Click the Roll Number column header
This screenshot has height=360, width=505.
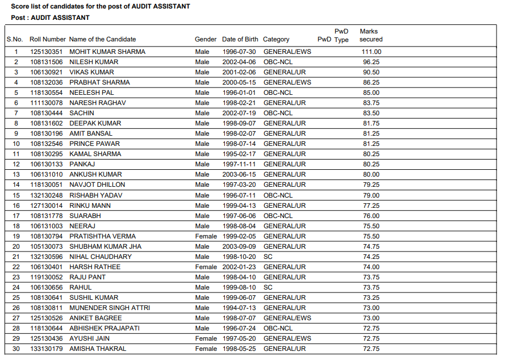point(48,39)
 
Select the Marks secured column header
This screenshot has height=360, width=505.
point(371,35)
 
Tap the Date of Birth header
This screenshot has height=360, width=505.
point(240,39)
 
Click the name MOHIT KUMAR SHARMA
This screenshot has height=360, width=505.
point(107,52)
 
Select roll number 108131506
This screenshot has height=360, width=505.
point(47,62)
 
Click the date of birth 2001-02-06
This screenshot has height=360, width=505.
point(239,72)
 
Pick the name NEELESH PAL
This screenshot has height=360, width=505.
point(91,93)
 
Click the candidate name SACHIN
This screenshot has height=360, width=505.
point(82,113)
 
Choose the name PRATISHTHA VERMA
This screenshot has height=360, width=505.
point(102,236)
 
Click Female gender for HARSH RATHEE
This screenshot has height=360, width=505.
point(206,267)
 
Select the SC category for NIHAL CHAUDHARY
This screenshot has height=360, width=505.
point(268,257)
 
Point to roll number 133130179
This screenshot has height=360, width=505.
point(47,349)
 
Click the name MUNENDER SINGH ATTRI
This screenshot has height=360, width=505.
point(110,308)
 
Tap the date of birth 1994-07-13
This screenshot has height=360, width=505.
point(239,308)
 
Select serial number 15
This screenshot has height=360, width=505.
point(16,195)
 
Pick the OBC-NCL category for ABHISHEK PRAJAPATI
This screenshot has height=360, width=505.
point(278,328)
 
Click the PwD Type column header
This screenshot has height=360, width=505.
point(341,35)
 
